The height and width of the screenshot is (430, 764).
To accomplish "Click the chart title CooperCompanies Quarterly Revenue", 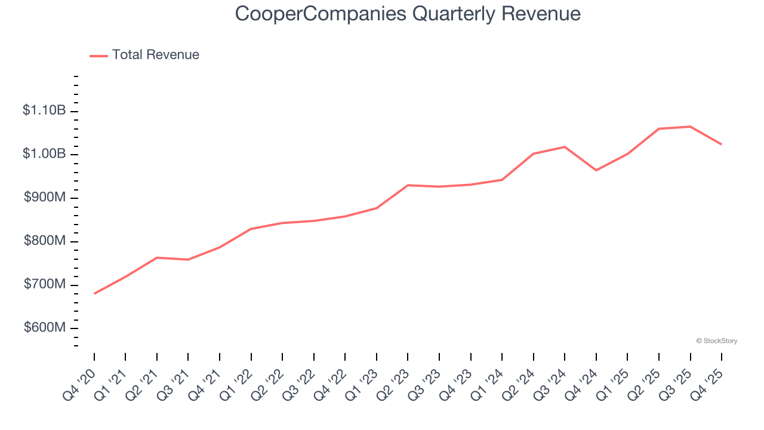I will coord(408,13).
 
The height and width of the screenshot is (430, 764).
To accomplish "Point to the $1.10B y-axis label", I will coord(44,110).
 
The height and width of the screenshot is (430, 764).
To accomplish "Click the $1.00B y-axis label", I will coord(44,154).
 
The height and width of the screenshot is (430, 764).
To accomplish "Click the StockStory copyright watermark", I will coord(716,341).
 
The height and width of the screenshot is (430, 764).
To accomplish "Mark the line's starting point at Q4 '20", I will coord(94,293).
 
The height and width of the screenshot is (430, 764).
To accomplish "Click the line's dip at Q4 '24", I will coord(596,170).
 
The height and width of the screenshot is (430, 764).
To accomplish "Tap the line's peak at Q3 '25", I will coord(690,127).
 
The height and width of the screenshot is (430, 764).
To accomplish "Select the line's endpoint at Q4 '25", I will coord(722,144).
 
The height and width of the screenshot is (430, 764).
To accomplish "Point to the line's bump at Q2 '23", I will coord(408,185).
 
